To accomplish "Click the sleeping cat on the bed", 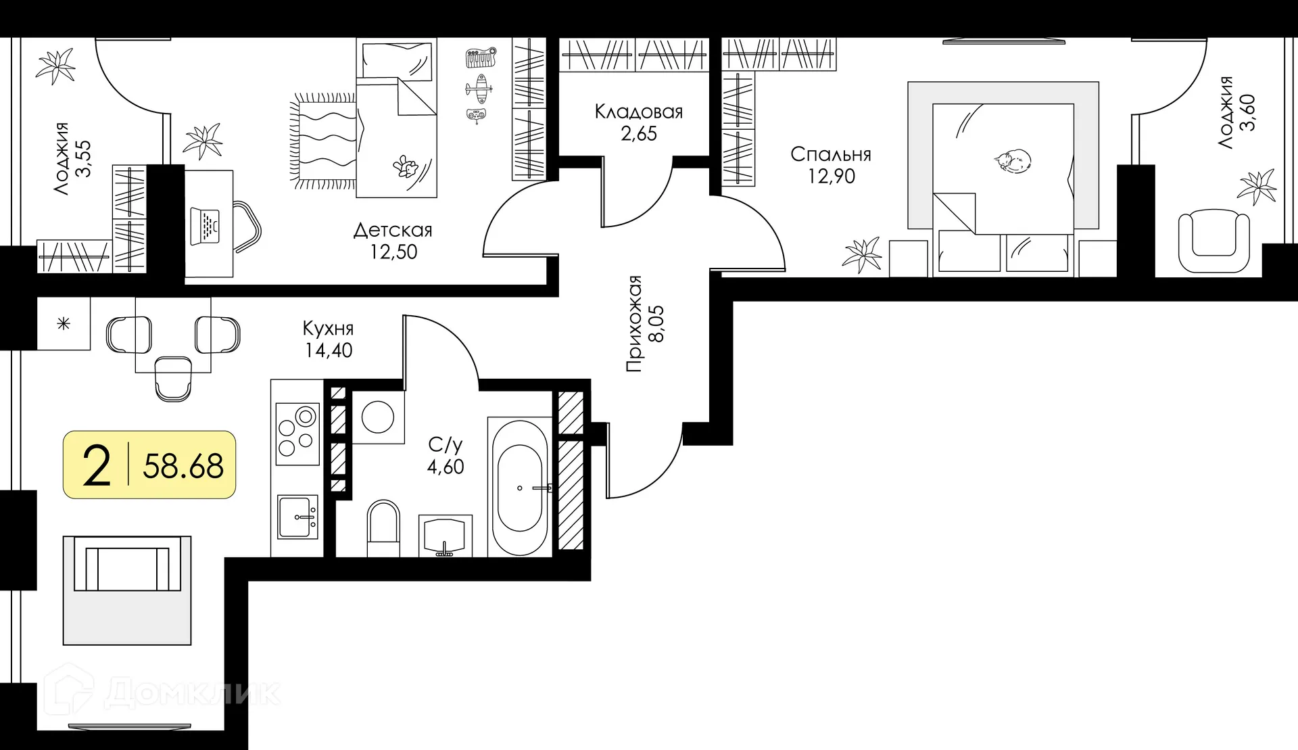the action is [x=1013, y=160].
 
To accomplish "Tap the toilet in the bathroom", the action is [x=383, y=528].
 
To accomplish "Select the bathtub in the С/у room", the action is [x=519, y=487].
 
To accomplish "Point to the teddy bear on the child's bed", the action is [x=406, y=166].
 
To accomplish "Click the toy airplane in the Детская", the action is [x=479, y=88].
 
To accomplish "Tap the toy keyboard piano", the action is [x=481, y=57].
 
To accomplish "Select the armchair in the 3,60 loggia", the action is [x=1213, y=241].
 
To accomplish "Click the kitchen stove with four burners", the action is [x=297, y=433].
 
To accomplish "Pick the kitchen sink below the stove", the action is [x=297, y=517].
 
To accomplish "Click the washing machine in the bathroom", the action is [x=378, y=417].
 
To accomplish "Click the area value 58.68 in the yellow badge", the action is [x=183, y=467].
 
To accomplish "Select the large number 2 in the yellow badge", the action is [x=96, y=466].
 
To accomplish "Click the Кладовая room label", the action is [x=639, y=112].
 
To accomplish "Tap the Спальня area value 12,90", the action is [x=831, y=177].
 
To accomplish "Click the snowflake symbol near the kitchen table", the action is [x=64, y=324].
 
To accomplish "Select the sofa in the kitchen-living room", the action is [x=127, y=590].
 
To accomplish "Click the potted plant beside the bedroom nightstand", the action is [x=862, y=256].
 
